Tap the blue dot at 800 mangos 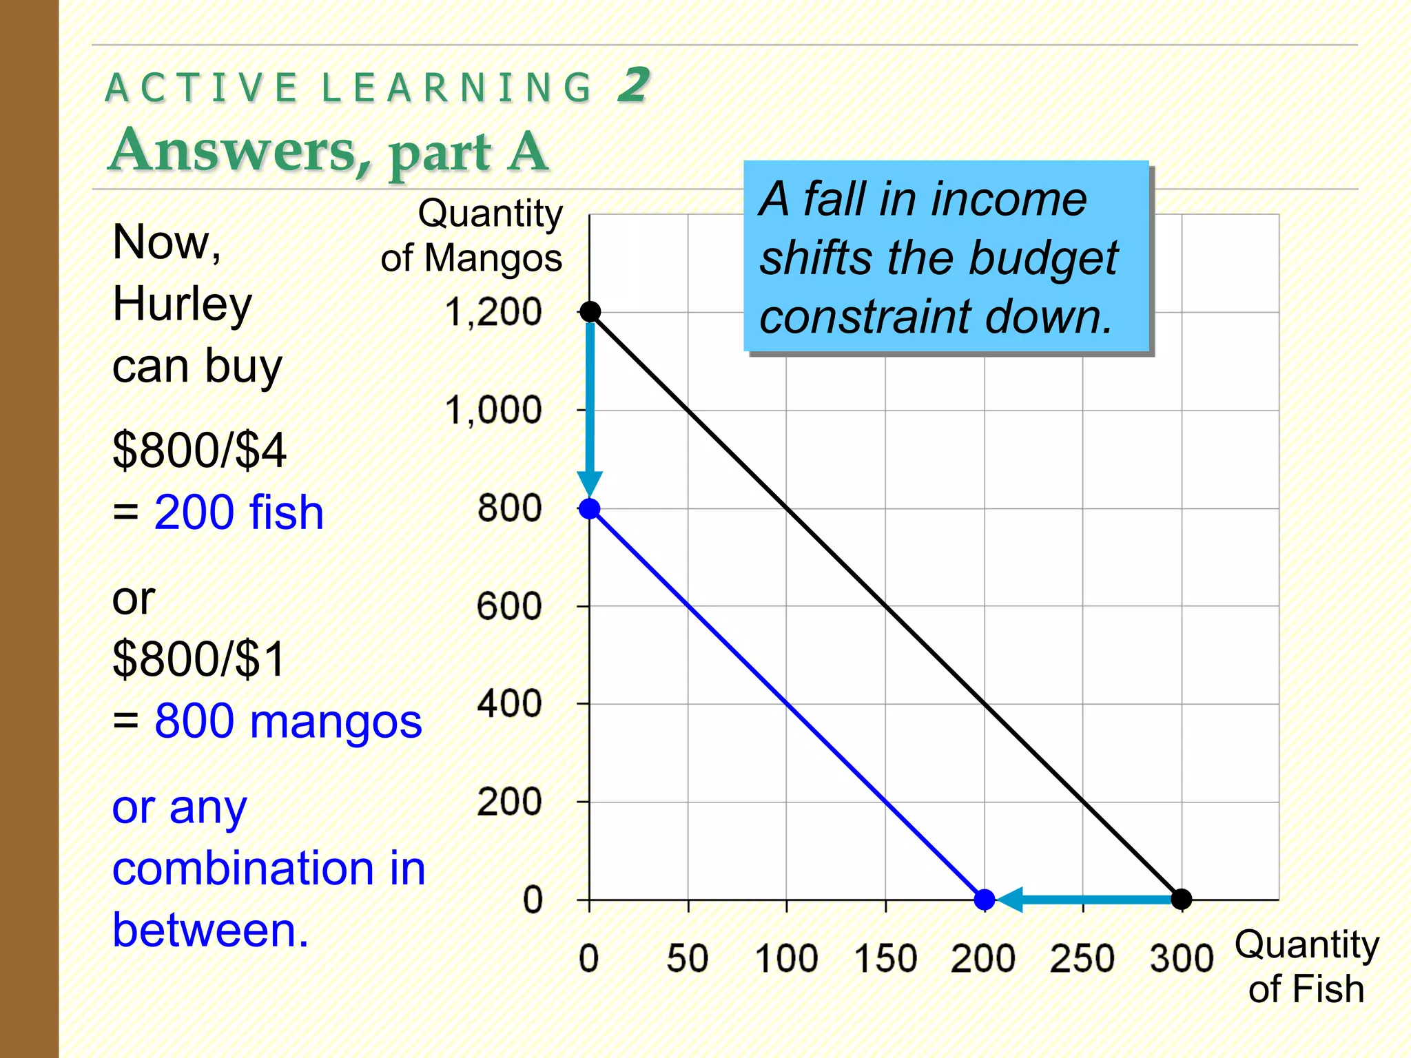(590, 509)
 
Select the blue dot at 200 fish (985, 899)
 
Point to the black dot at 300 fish (1182, 899)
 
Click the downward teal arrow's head (590, 483)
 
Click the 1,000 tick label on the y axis (493, 411)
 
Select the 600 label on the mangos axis (509, 607)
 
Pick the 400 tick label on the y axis (509, 705)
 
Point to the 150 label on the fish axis (885, 958)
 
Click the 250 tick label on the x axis (1082, 958)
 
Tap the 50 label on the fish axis (688, 958)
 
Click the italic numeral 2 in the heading (632, 85)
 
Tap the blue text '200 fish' (238, 512)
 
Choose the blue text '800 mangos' (288, 721)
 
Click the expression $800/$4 (199, 450)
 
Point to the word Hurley (183, 304)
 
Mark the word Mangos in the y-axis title (493, 259)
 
